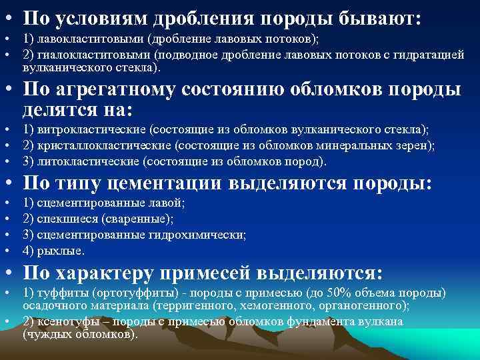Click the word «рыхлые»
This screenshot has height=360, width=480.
point(61,251)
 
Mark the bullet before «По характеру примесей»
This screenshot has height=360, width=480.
point(8,273)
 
